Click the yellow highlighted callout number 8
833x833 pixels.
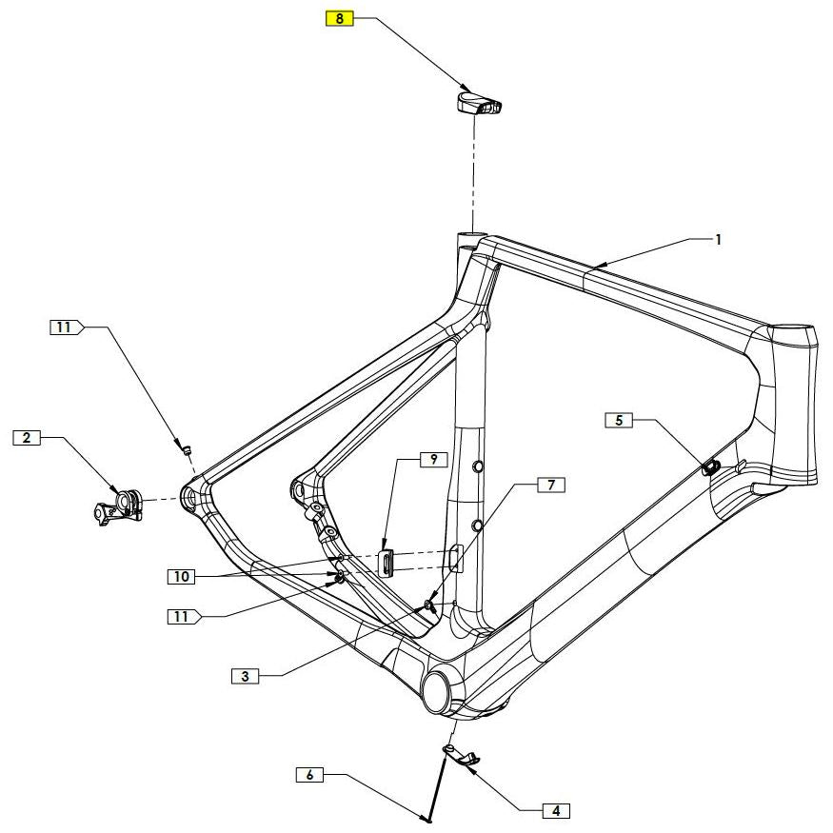coord(339,17)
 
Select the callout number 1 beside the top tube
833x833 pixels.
coord(719,240)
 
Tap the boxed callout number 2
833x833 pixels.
coord(27,438)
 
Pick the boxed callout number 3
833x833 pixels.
coord(245,677)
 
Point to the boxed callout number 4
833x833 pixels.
coord(619,420)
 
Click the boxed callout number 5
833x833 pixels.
coord(309,776)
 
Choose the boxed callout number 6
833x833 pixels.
coord(550,486)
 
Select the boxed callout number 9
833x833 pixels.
coord(433,459)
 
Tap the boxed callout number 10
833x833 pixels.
coord(182,576)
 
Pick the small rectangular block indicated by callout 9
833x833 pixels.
coord(387,561)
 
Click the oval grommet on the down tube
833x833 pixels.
coord(710,466)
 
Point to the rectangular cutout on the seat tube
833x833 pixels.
coord(456,558)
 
